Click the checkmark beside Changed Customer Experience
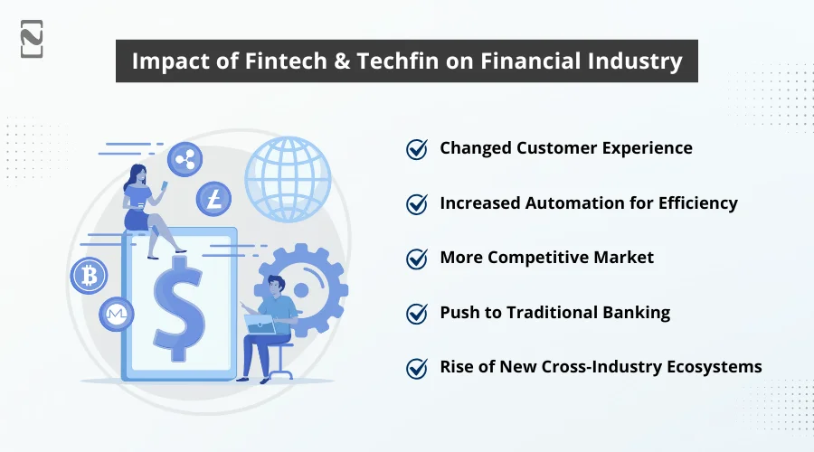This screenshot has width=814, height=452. pyautogui.click(x=417, y=149)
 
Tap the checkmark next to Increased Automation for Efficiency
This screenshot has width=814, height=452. pyautogui.click(x=417, y=204)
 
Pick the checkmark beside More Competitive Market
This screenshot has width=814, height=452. pyautogui.click(x=417, y=259)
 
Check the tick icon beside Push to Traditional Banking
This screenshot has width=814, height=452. pyautogui.click(x=417, y=314)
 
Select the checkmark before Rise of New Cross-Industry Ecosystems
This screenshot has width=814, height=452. pyautogui.click(x=417, y=368)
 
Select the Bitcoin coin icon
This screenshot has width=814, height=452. pyautogui.click(x=88, y=275)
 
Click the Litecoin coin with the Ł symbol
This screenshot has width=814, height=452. pyautogui.click(x=213, y=198)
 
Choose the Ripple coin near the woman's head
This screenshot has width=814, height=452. pyautogui.click(x=185, y=159)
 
